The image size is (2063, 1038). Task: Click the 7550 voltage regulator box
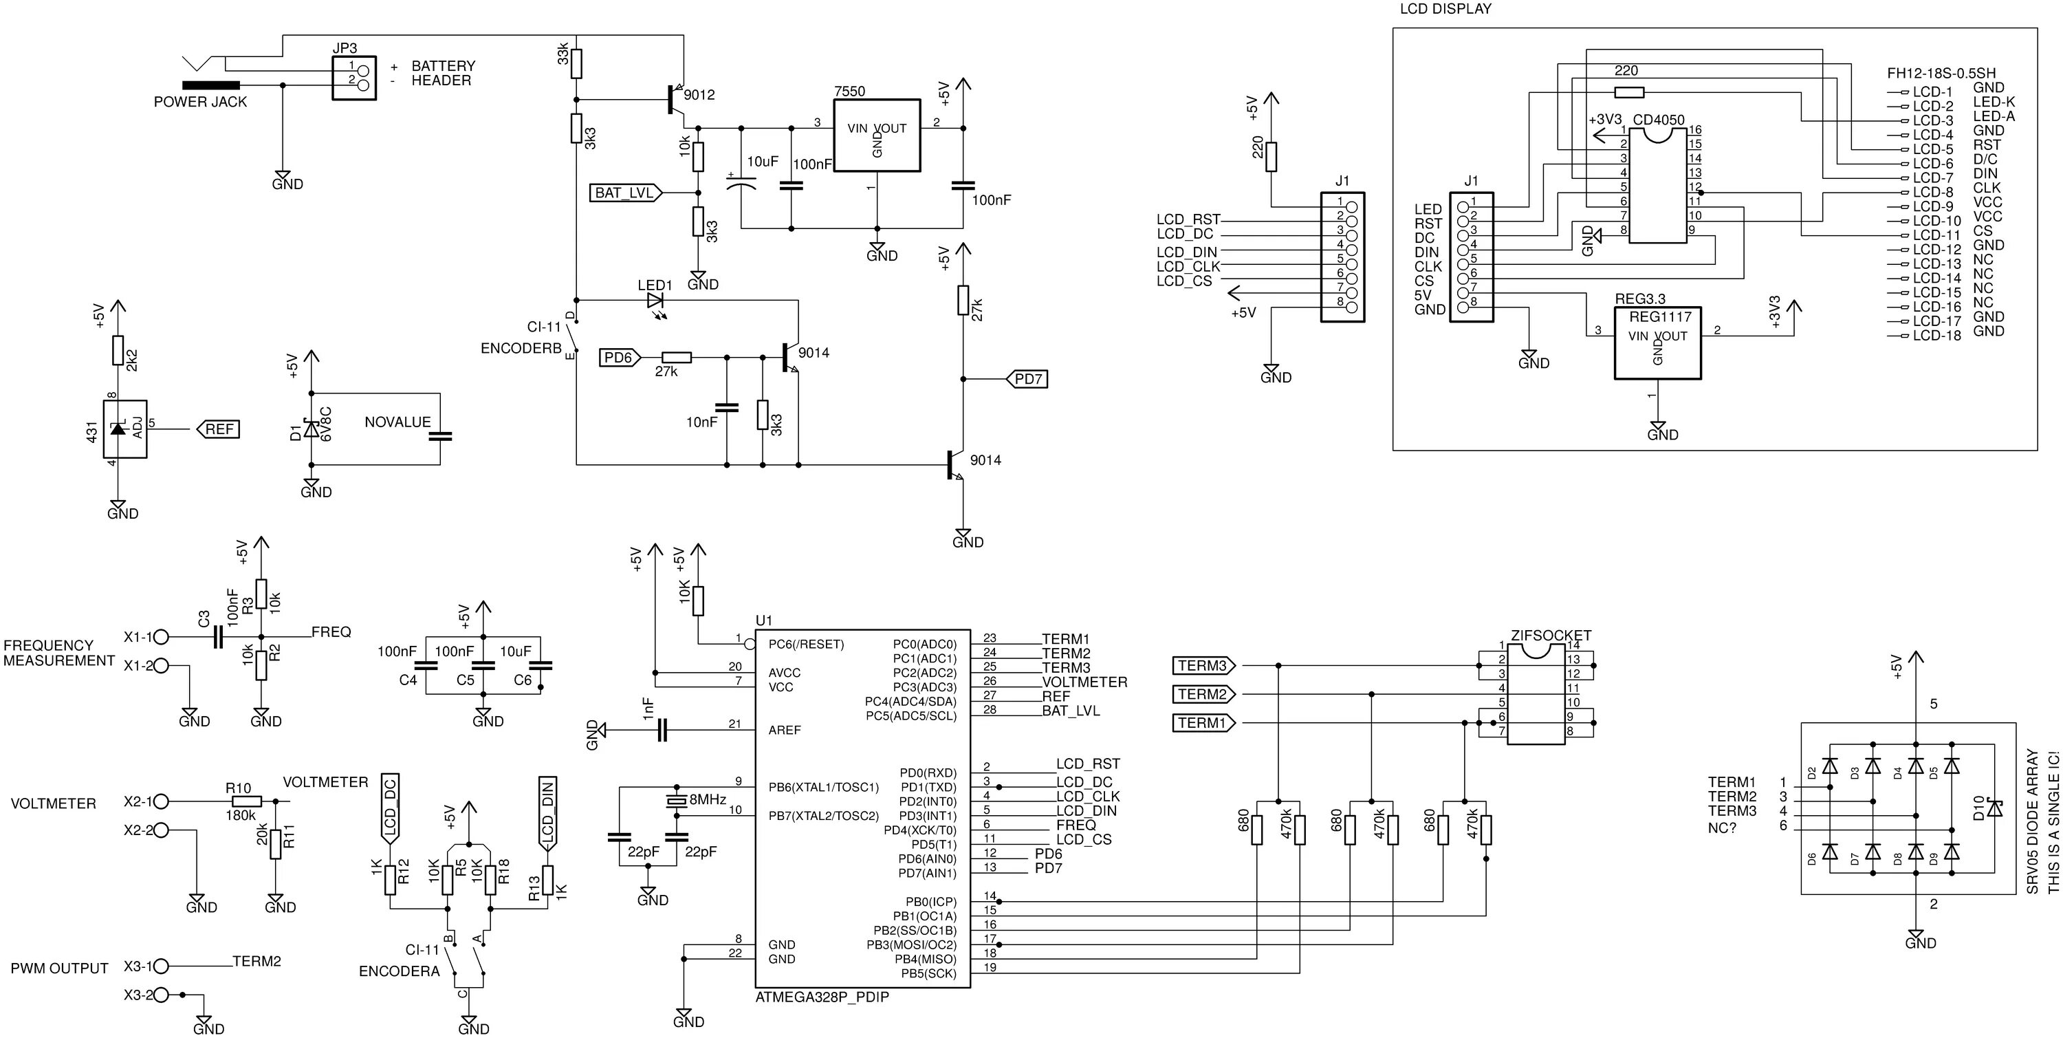point(876,136)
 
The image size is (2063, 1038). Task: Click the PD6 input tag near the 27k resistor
point(619,358)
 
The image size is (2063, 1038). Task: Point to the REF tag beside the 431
point(218,429)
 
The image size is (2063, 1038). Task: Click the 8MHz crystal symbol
point(677,800)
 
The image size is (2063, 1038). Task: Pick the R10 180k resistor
point(246,801)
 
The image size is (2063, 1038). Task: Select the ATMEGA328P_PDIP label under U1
point(822,997)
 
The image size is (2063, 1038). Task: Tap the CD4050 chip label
point(1658,120)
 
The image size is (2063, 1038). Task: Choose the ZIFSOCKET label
point(1551,635)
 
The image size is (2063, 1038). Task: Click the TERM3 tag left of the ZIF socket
point(1203,666)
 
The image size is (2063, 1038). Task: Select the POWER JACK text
point(200,102)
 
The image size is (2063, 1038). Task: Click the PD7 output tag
point(1028,379)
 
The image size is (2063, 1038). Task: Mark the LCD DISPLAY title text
point(1445,10)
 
